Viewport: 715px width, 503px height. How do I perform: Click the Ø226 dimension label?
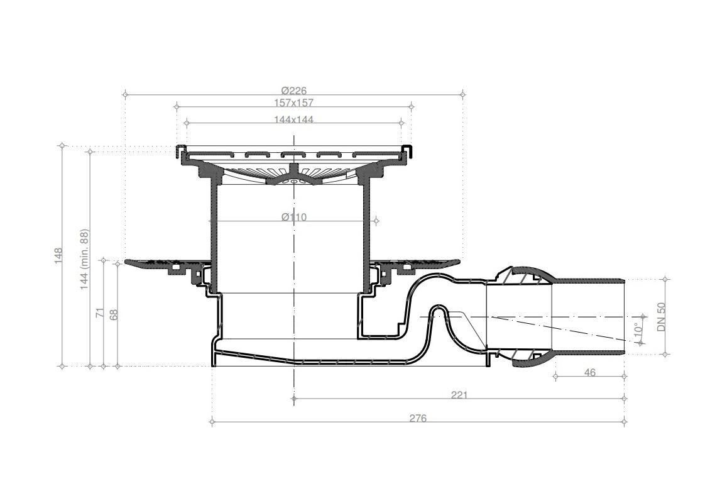[x=293, y=91]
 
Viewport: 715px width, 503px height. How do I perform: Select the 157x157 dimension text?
[x=293, y=102]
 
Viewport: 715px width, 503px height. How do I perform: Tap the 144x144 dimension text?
[x=293, y=119]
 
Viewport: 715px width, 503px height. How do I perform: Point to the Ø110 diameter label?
[x=293, y=217]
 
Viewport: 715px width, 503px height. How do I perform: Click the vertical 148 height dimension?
[x=58, y=257]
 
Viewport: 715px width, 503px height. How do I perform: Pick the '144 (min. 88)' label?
[x=85, y=259]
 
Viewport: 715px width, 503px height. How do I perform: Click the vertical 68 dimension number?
[x=114, y=314]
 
